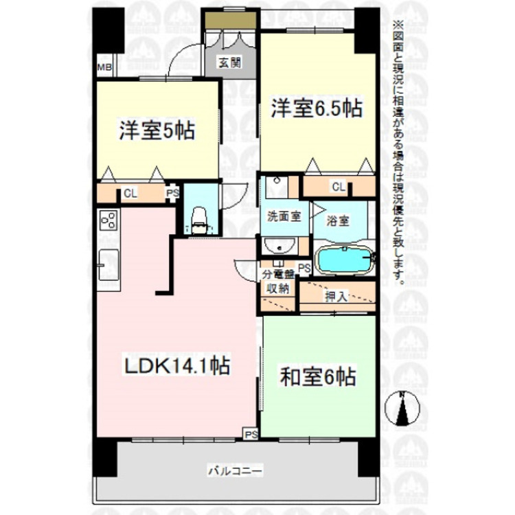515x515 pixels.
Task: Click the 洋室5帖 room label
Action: (x=157, y=130)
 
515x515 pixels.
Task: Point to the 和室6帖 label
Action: (x=317, y=377)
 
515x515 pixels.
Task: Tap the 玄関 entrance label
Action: (x=229, y=62)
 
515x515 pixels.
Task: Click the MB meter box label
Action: (x=104, y=67)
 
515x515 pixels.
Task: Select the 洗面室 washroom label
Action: (x=284, y=216)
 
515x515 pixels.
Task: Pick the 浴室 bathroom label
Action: (x=338, y=221)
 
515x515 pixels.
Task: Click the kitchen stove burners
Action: (x=108, y=220)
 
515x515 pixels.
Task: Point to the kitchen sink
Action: (x=108, y=264)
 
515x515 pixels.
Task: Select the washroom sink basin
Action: (x=280, y=246)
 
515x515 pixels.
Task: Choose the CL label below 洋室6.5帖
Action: (x=338, y=186)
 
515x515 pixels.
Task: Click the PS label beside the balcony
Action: (x=251, y=434)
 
